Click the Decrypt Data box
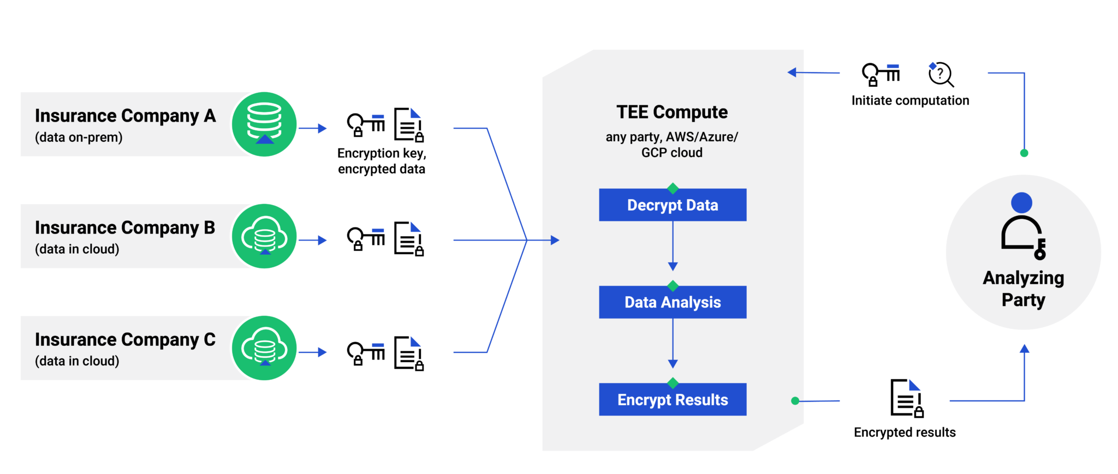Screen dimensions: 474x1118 tap(673, 205)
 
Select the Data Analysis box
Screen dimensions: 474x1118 tap(673, 302)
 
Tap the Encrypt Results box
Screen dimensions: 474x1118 tap(673, 400)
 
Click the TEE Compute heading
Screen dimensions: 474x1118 tap(672, 112)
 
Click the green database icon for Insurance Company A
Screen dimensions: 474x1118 tap(264, 124)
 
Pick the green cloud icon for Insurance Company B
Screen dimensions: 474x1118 tap(264, 236)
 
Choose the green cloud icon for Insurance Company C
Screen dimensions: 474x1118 tap(264, 348)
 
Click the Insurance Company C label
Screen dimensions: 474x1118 tap(125, 339)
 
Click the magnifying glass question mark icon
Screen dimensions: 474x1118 tap(941, 74)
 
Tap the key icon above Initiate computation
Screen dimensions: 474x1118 tap(880, 74)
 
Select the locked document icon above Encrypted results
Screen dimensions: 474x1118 tap(906, 398)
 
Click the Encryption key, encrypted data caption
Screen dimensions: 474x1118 tap(382, 161)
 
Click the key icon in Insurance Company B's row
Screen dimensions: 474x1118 tap(366, 238)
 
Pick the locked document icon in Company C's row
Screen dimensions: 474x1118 tap(409, 353)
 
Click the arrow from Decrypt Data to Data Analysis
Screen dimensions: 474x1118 tap(673, 245)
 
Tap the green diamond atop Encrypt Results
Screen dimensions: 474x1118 tap(673, 383)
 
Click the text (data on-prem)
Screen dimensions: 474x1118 tap(79, 137)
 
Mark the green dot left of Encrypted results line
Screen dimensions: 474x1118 tap(795, 401)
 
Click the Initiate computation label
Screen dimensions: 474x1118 tap(910, 100)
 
